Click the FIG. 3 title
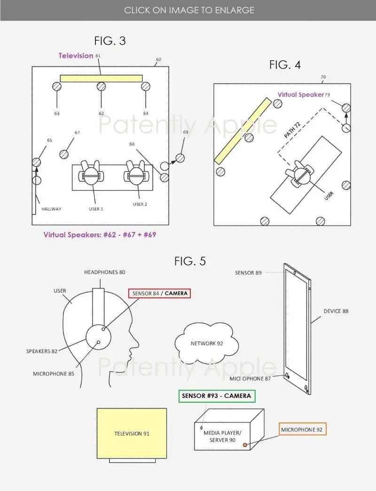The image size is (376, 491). coord(110,41)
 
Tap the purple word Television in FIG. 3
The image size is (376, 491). coord(76,55)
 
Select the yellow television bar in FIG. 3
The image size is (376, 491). coord(101,78)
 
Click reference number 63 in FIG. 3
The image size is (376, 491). coord(57,113)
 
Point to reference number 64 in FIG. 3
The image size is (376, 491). coord(146,113)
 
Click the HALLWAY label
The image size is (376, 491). coord(51,209)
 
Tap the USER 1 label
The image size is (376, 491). coord(96,209)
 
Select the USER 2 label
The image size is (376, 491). coord(140,204)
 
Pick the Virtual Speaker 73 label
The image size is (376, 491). coord(304,94)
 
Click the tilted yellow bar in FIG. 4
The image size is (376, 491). coord(243,131)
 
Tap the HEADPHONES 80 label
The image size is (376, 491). coord(104,272)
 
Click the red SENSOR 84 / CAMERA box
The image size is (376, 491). coord(159,294)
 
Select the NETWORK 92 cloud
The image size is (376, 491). coord(206,343)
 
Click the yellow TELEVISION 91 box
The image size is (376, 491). coord(132,433)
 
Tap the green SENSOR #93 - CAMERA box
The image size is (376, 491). coord(217,396)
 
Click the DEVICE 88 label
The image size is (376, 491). coord(336,311)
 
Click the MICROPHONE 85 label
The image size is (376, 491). coord(54,374)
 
